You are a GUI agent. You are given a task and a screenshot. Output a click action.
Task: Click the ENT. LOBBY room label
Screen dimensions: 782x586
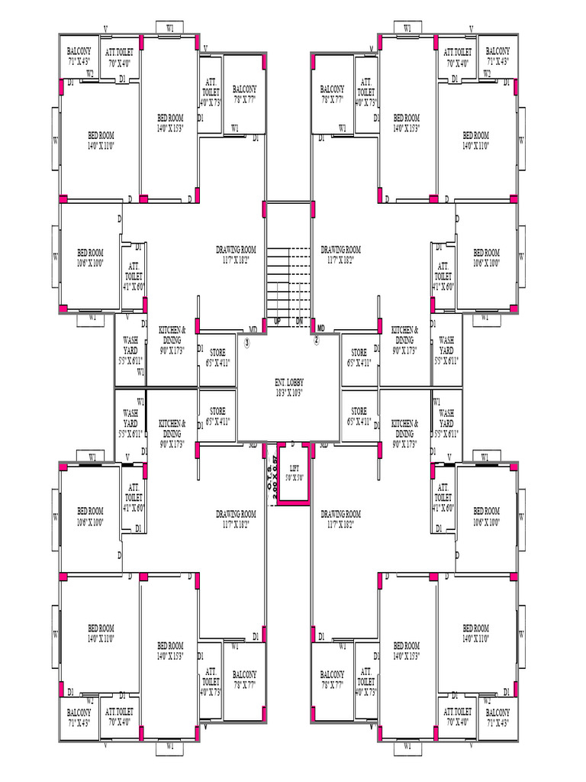pyautogui.click(x=288, y=380)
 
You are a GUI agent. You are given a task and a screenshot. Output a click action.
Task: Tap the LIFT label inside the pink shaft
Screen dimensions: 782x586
pyautogui.click(x=294, y=470)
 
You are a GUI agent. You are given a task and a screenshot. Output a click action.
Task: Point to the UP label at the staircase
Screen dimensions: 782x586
pyautogui.click(x=277, y=322)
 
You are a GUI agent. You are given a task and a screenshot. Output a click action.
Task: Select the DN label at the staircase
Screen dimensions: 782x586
pyautogui.click(x=300, y=322)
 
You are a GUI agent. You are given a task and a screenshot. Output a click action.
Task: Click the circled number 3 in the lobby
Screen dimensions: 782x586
pyautogui.click(x=247, y=342)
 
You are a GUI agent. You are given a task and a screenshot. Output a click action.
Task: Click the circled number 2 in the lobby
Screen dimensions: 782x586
pyautogui.click(x=316, y=341)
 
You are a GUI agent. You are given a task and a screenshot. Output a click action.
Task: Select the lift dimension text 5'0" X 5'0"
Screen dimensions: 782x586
pyautogui.click(x=294, y=479)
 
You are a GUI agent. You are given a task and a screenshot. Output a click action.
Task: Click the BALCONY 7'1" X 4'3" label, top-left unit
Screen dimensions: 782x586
pyautogui.click(x=79, y=54)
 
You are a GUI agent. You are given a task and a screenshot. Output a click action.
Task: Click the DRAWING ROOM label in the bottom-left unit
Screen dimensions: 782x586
pyautogui.click(x=236, y=519)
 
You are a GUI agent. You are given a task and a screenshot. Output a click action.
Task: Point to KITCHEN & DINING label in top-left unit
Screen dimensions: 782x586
pyautogui.click(x=172, y=334)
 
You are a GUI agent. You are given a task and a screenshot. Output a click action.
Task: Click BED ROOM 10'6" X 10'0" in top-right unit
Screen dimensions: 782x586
pyautogui.click(x=486, y=257)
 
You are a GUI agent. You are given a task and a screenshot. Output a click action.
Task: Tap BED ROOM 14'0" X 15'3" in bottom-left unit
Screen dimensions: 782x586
pyautogui.click(x=170, y=650)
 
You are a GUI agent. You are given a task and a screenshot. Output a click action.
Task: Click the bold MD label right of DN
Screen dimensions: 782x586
pyautogui.click(x=321, y=328)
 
